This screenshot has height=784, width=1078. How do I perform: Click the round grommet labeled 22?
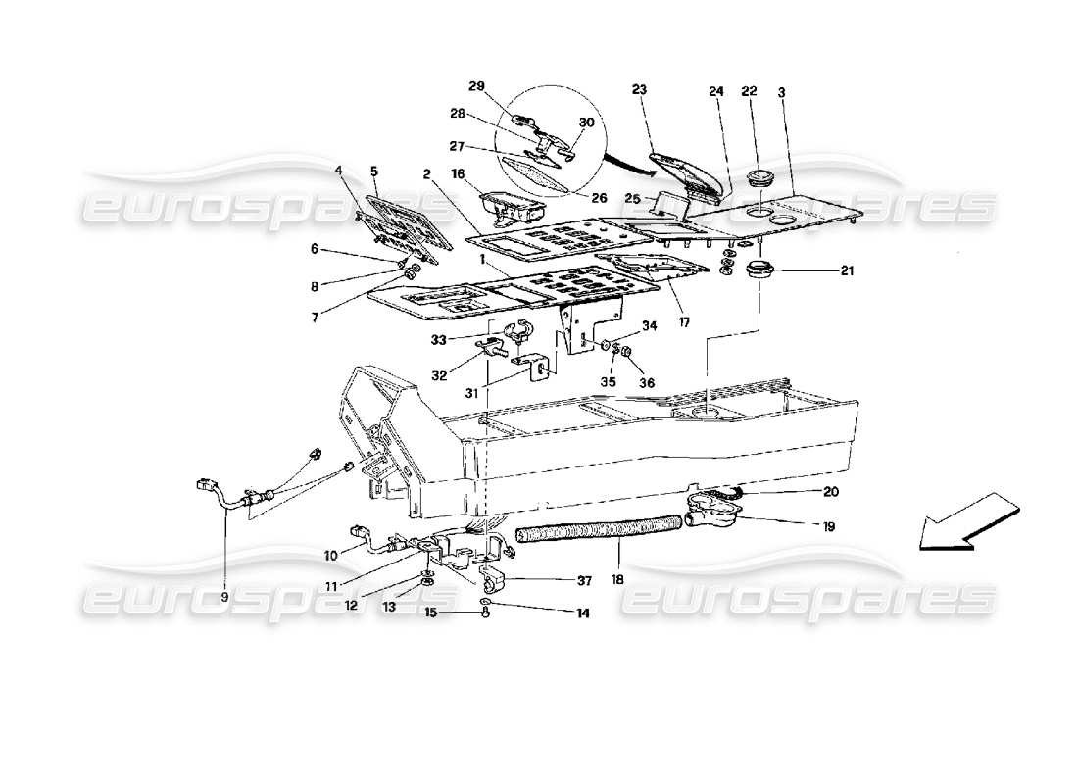[757, 179]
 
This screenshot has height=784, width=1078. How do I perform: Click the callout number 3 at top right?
[780, 91]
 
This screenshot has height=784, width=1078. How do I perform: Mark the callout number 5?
[372, 171]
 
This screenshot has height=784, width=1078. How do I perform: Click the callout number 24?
[715, 92]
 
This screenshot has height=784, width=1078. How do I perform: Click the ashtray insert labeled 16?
[511, 207]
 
